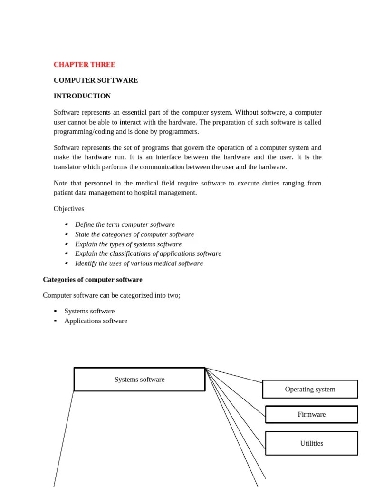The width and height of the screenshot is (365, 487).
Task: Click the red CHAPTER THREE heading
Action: [84, 65]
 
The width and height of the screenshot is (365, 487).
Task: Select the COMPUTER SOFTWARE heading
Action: [96, 80]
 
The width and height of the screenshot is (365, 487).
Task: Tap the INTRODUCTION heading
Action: [82, 96]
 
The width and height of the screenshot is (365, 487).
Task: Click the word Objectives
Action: [69, 209]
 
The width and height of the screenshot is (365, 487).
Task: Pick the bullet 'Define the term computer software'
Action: [125, 224]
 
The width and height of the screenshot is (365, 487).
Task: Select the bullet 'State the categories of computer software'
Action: [134, 234]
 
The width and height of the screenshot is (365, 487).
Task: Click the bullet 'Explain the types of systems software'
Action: [128, 244]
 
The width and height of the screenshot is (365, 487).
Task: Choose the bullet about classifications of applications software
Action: [148, 254]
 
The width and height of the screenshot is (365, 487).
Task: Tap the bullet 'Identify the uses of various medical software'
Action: [139, 263]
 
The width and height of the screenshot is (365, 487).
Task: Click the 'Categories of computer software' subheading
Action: [92, 280]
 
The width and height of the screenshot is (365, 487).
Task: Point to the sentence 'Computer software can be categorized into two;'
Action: [111, 295]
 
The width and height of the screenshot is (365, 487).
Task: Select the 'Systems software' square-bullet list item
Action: [89, 311]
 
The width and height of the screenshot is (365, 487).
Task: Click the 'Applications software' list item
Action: [96, 321]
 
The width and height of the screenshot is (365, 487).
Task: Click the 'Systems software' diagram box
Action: [139, 380]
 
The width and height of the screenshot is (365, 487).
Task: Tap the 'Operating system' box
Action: [310, 389]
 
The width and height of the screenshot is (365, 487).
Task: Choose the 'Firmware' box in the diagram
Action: [311, 414]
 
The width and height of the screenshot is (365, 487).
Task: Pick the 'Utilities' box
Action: [311, 443]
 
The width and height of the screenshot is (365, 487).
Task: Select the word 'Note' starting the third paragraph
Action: [60, 183]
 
